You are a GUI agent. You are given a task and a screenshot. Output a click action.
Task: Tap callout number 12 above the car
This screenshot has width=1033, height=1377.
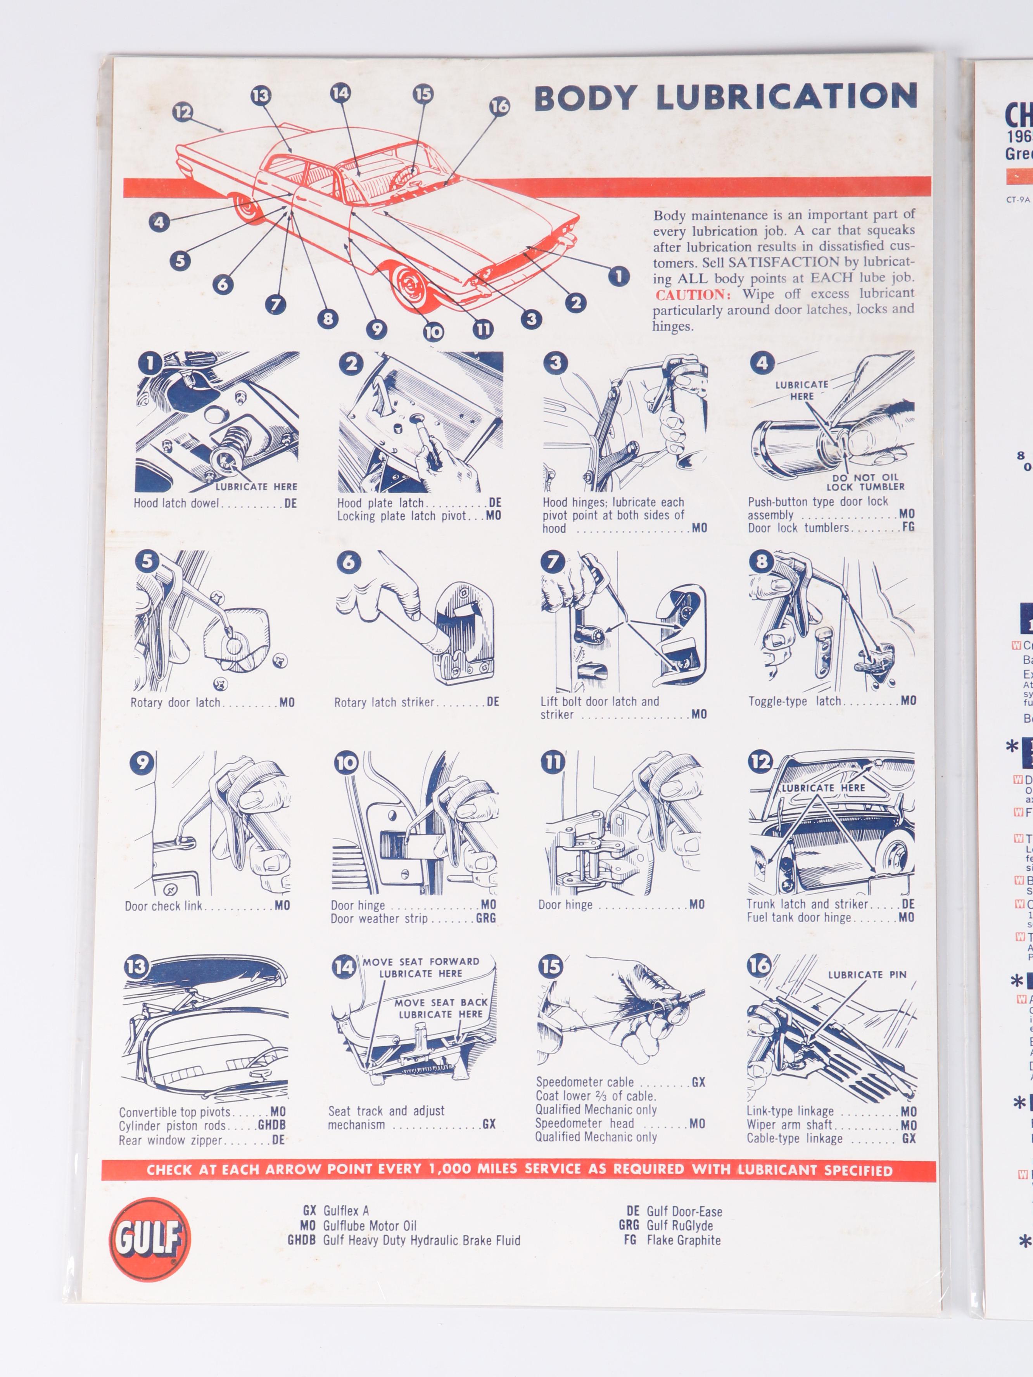point(182,112)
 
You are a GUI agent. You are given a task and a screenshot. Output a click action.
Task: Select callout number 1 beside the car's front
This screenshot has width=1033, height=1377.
point(618,276)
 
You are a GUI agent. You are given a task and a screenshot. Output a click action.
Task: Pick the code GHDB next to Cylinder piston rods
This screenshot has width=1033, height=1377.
point(271,1125)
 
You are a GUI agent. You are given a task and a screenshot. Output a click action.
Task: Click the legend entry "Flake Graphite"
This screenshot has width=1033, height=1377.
point(683,1240)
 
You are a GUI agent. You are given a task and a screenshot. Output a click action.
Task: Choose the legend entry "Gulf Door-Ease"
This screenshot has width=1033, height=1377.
point(684,1211)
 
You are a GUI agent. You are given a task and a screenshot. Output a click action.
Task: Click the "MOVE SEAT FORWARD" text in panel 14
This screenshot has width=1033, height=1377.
point(421,962)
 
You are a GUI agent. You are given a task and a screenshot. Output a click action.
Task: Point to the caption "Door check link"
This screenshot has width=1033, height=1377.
point(163,906)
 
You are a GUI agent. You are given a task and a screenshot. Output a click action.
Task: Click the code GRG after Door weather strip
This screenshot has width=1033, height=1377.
point(486,918)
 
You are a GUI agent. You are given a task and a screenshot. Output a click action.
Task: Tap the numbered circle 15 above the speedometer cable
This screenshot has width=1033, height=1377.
point(550,966)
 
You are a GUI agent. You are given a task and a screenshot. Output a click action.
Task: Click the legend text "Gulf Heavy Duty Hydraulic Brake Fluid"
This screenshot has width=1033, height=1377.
point(421,1240)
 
